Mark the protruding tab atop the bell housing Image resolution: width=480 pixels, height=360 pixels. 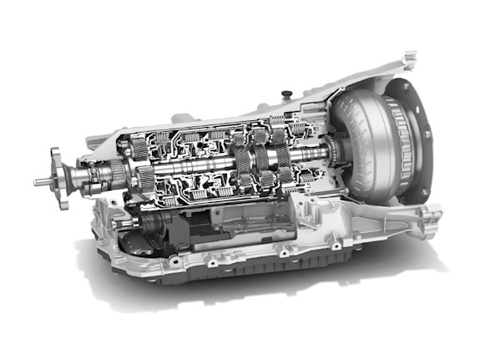tap(408, 58)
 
